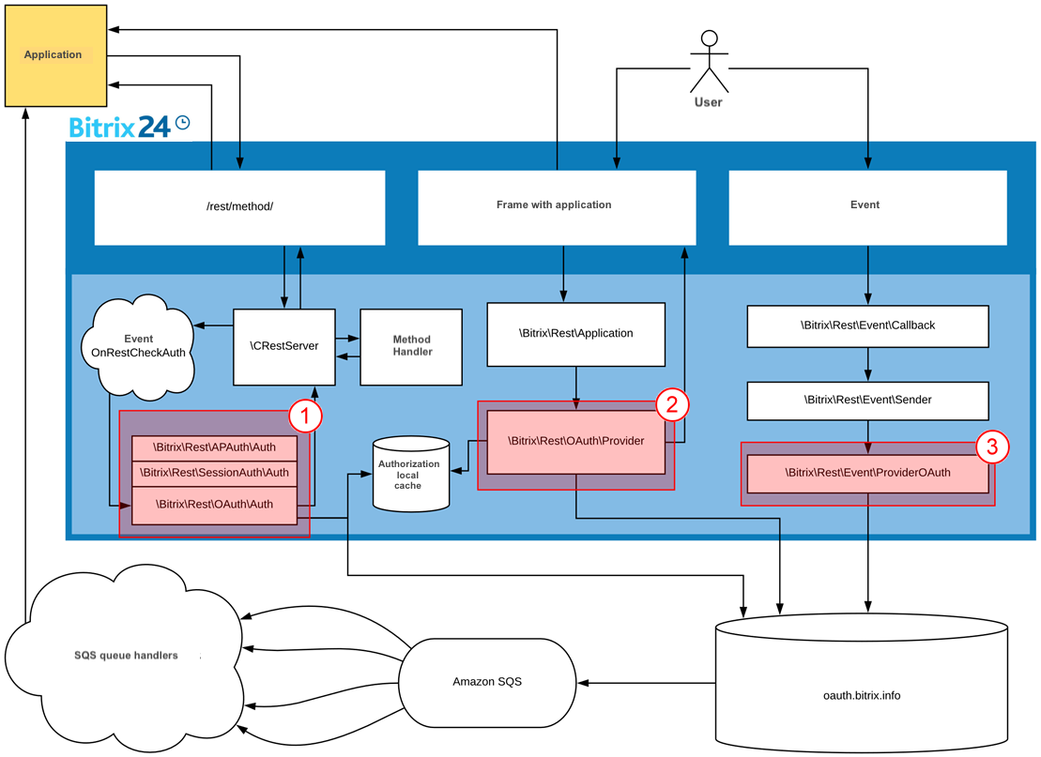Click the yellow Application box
point(54,55)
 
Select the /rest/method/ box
point(239,207)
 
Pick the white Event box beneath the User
point(865,205)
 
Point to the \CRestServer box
point(284,346)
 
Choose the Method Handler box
point(411,346)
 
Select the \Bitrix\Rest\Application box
point(576,333)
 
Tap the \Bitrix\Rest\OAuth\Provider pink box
point(575,441)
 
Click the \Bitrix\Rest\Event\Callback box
point(867,326)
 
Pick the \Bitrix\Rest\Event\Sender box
point(867,400)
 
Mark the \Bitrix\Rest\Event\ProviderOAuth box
point(867,474)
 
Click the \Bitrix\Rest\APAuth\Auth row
point(214,448)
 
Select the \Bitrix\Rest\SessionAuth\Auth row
point(214,474)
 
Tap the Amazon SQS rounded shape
point(486,682)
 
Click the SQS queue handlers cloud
point(127,655)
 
